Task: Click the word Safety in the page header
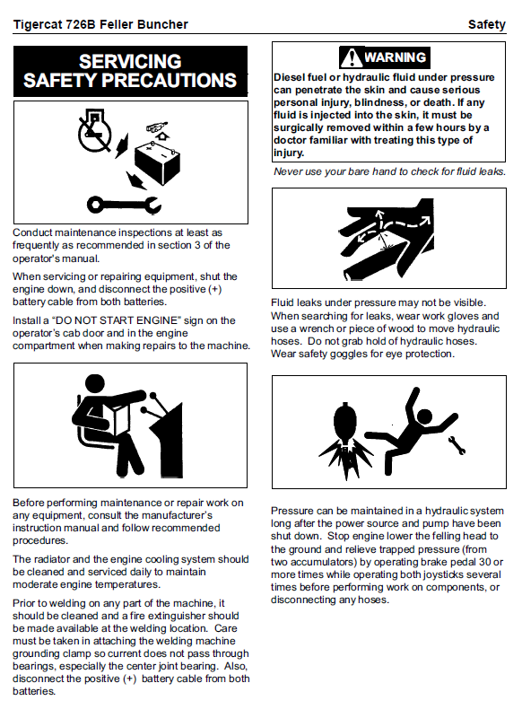pos(486,24)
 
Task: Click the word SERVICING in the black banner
pos(130,62)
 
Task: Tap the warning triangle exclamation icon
pos(352,57)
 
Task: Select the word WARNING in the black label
pos(396,57)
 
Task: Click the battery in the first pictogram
pos(157,162)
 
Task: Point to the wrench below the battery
pos(124,205)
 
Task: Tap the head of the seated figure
pos(95,384)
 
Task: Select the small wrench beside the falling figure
pos(457,445)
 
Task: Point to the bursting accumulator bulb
pos(345,423)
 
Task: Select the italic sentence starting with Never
pos(389,171)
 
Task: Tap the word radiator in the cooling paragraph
pos(51,559)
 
